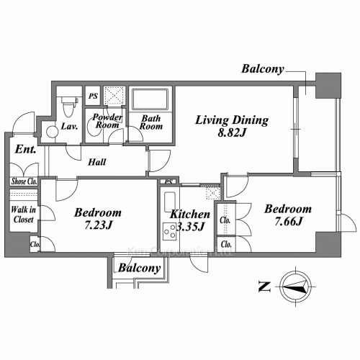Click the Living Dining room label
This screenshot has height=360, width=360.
point(232,120)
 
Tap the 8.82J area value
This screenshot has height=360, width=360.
point(232,133)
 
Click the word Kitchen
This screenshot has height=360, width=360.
point(190,215)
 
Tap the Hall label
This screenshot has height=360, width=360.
point(97,162)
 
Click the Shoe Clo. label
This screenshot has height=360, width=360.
point(24,181)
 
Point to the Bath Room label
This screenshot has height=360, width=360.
point(151,122)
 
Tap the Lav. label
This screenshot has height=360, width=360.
point(70,127)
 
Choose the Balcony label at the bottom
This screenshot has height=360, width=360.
point(139,268)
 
